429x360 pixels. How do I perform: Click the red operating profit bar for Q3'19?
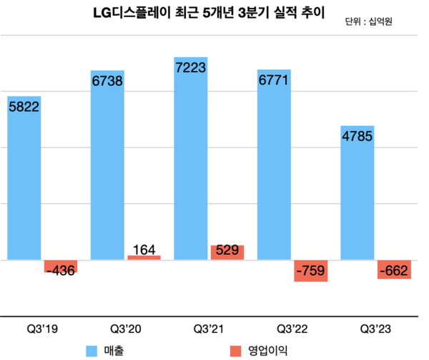tap(60, 266)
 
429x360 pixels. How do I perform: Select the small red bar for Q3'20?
tap(144, 257)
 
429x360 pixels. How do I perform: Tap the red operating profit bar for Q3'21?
tap(227, 252)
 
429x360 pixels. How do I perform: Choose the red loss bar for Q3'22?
tap(310, 270)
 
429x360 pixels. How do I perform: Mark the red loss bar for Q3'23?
tap(394, 268)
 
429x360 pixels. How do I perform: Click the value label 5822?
tap(24, 106)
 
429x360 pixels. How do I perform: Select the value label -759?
tap(310, 272)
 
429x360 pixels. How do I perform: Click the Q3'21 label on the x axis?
tap(210, 329)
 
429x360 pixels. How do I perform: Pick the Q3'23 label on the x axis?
tap(376, 329)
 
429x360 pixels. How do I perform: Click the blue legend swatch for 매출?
tap(91, 351)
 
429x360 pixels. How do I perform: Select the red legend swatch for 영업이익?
tap(235, 351)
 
